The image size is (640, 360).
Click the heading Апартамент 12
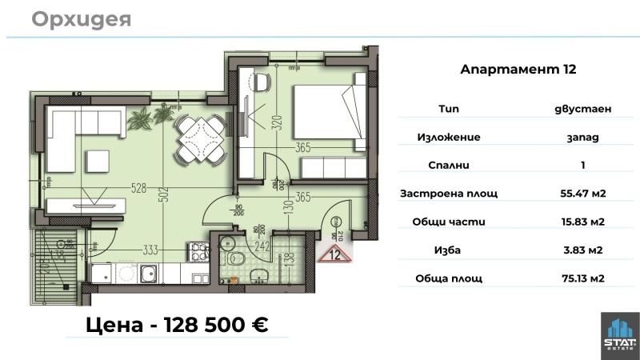518,70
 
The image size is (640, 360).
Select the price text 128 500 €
215,325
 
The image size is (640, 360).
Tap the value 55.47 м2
582,194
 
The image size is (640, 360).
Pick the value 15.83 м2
582,222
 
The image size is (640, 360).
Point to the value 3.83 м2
582,250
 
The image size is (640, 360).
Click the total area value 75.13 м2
582,278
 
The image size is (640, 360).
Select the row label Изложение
449,137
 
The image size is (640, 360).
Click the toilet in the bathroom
233,257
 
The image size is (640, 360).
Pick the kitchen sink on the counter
147,275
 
